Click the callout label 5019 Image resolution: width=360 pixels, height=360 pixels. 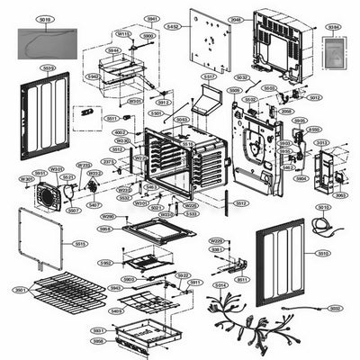pos(46,17)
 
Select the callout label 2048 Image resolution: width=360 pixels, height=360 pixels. pos(235,19)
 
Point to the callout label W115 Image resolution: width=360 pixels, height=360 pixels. pos(123,33)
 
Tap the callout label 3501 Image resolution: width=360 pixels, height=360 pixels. pos(19,291)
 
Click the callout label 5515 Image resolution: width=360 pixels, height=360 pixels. pos(80,244)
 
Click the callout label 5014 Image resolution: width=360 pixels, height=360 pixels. pos(219,285)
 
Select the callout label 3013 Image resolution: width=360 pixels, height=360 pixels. pos(322,141)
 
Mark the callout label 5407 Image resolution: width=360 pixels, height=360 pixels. pos(94,205)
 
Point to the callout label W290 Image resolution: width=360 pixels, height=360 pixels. pos(107,217)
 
